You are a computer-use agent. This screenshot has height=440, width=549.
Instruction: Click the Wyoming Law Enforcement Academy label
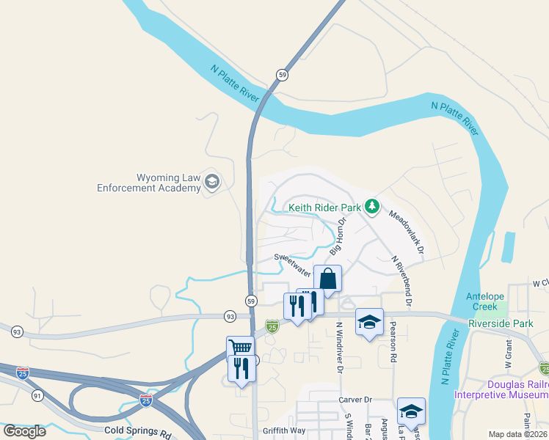click(149, 183)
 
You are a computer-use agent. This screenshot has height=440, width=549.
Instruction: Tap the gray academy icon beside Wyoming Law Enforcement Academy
click(212, 181)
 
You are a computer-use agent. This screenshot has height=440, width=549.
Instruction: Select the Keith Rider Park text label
click(324, 208)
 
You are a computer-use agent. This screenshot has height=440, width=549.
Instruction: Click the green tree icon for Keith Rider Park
click(373, 207)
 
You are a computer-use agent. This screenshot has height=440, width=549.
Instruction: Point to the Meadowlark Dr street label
click(407, 233)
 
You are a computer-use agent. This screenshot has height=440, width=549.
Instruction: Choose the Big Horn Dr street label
click(337, 235)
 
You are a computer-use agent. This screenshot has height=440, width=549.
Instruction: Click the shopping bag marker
click(327, 279)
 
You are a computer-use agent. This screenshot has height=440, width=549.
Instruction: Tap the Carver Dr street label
click(355, 400)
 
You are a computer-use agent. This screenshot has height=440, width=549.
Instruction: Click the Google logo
click(24, 430)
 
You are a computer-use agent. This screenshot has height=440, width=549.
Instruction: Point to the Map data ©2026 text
click(517, 434)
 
